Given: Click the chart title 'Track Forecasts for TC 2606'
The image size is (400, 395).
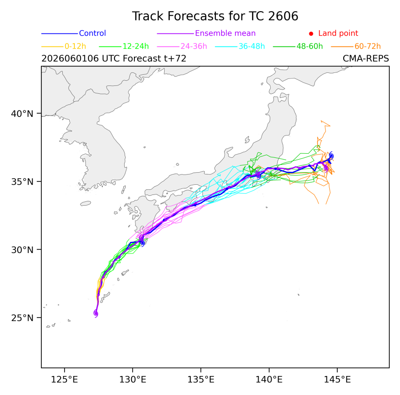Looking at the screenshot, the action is (x=215, y=16).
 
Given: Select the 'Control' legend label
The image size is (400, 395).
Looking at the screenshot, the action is (x=93, y=33).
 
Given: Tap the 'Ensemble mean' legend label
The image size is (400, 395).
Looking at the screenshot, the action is (x=225, y=33).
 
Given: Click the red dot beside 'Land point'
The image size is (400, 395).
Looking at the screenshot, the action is (x=311, y=33).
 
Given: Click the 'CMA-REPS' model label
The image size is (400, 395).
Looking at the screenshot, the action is (x=366, y=58).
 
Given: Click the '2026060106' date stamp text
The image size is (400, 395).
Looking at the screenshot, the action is (x=70, y=58).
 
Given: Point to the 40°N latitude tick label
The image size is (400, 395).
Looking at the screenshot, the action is (x=22, y=114).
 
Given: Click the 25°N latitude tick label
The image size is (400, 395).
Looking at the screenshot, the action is (x=22, y=318).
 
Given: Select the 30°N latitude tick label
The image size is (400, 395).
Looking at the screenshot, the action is (x=22, y=250).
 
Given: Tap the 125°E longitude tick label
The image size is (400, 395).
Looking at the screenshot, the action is (x=64, y=380).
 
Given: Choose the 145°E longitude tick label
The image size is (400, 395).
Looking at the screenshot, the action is (x=337, y=380).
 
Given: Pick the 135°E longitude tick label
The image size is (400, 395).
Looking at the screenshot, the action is (x=201, y=380).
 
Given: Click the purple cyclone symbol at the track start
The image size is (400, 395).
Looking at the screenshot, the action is (x=96, y=313).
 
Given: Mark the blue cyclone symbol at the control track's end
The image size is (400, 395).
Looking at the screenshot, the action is (x=331, y=156).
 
